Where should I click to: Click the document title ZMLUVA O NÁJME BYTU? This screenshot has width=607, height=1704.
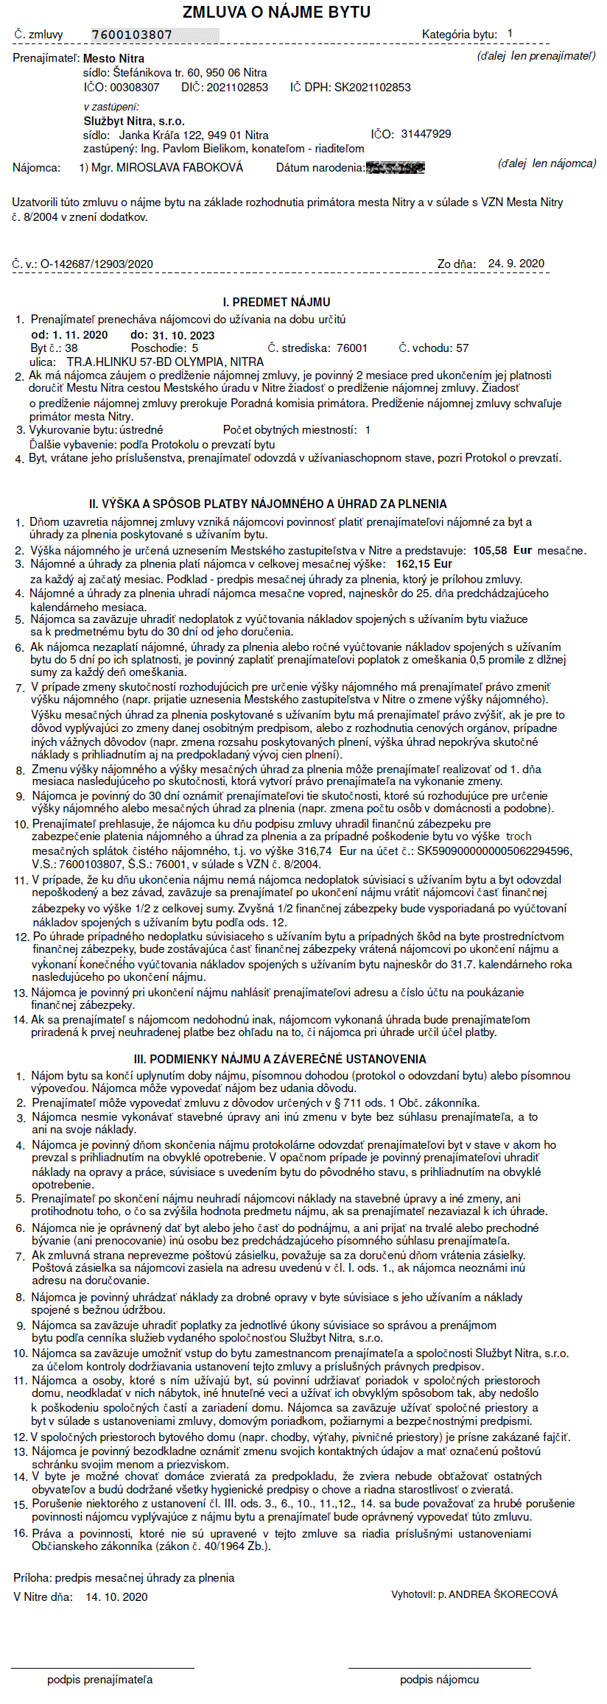pyautogui.click(x=276, y=12)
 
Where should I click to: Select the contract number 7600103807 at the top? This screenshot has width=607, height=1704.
pyautogui.click(x=132, y=35)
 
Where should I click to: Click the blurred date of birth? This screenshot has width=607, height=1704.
pyautogui.click(x=395, y=168)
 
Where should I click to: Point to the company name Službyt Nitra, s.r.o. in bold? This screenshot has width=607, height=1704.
pyautogui.click(x=134, y=121)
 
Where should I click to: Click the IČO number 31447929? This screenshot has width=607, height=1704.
pyautogui.click(x=426, y=134)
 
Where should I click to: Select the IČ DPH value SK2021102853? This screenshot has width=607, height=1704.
pyautogui.click(x=372, y=88)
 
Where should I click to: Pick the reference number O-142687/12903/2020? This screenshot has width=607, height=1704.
pyautogui.click(x=97, y=264)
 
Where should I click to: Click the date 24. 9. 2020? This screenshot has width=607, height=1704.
pyautogui.click(x=516, y=264)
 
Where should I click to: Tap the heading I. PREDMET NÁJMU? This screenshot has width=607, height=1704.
pyautogui.click(x=276, y=302)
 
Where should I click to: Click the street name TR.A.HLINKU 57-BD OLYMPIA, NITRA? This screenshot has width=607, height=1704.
pyautogui.click(x=165, y=362)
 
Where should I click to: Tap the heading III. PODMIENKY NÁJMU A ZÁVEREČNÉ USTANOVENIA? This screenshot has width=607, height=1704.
pyautogui.click(x=280, y=1059)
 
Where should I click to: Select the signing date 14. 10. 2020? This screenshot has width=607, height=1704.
pyautogui.click(x=116, y=1596)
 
